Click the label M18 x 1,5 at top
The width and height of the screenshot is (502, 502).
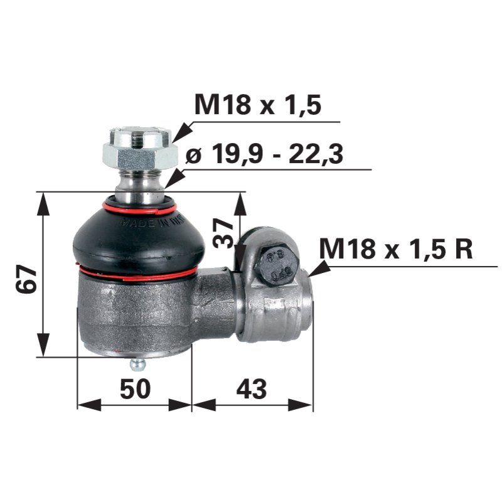(x=258, y=105)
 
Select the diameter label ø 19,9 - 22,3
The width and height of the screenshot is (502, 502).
(x=265, y=153)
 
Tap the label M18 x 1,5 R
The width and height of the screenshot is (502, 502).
(x=396, y=250)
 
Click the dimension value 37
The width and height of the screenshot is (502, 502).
(x=224, y=233)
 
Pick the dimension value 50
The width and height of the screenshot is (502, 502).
(x=134, y=389)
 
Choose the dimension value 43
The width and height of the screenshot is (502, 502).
(x=251, y=389)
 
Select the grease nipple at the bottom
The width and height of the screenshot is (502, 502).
(x=137, y=363)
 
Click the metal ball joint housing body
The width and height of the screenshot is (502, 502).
(x=135, y=314)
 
